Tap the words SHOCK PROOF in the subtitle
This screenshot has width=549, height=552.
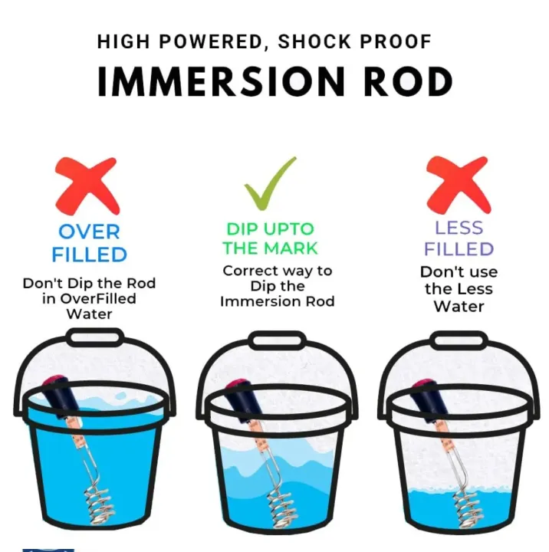pyautogui.click(x=355, y=41)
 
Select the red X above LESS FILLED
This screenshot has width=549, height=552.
pyautogui.click(x=459, y=186)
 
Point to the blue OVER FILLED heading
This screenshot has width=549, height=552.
pyautogui.click(x=89, y=243)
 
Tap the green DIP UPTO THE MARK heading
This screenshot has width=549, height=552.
pyautogui.click(x=271, y=238)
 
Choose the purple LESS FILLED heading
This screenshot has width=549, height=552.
pyautogui.click(x=459, y=238)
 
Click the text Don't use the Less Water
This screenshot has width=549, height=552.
pyautogui.click(x=459, y=289)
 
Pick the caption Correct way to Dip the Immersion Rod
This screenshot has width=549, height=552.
pyautogui.click(x=277, y=286)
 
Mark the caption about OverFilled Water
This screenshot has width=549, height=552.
pyautogui.click(x=89, y=298)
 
